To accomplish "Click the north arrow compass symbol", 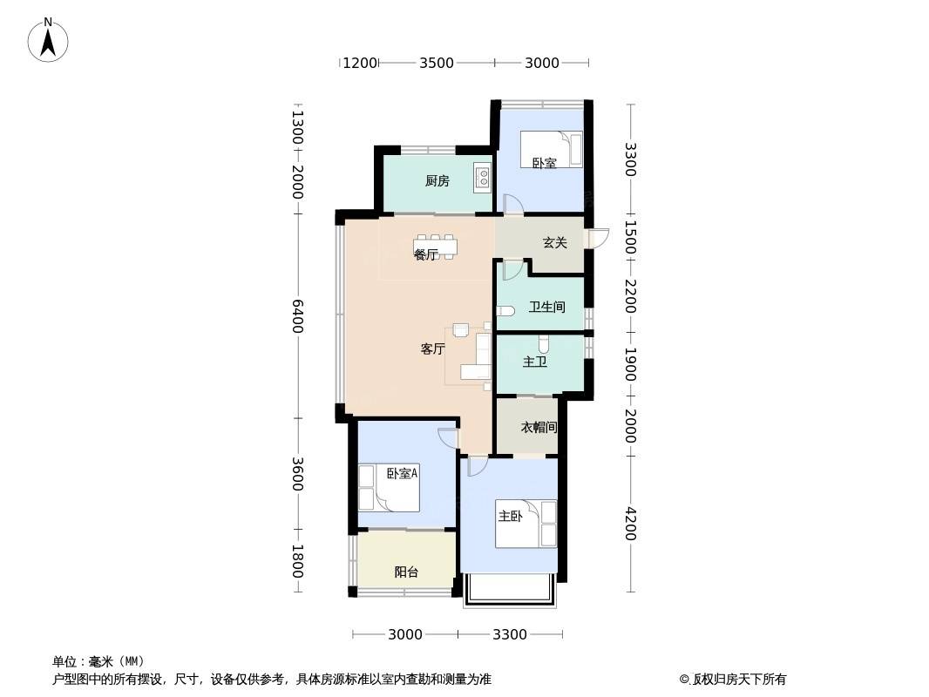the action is click(x=48, y=40).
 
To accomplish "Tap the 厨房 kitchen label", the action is click(x=437, y=181).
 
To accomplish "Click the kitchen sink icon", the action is click(x=483, y=177).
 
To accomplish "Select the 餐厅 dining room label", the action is click(x=425, y=255).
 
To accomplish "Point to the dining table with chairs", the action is click(x=435, y=247).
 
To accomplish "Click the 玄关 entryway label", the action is click(x=554, y=242).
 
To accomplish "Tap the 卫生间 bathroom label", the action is click(x=546, y=307).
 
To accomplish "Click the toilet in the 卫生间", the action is click(x=505, y=311).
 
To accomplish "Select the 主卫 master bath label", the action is click(x=534, y=362).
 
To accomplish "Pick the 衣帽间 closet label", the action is click(x=539, y=427).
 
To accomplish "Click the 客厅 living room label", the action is click(x=432, y=348).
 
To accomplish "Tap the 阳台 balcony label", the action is click(x=406, y=572).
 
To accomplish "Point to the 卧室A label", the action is click(x=403, y=473).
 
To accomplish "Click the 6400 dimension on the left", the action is click(x=297, y=316).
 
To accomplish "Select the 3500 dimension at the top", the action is click(x=437, y=63).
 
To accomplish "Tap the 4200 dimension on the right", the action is click(x=630, y=524).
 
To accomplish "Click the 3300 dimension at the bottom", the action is click(x=510, y=635).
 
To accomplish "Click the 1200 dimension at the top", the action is click(x=360, y=63).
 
